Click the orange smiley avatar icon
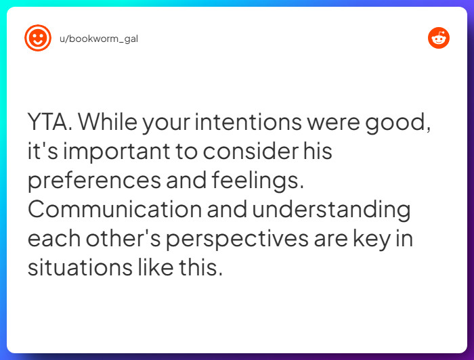point(38,38)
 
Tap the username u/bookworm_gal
point(99,39)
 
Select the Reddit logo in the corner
point(439,38)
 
